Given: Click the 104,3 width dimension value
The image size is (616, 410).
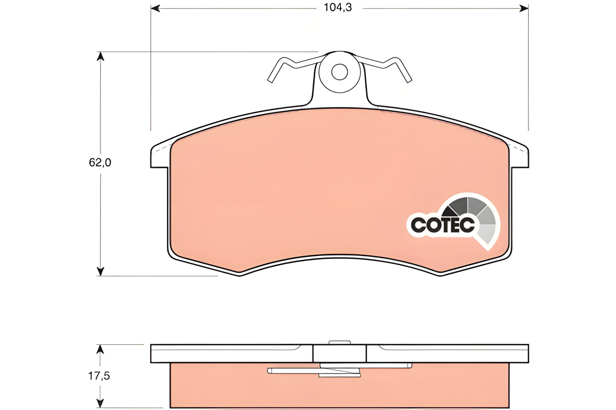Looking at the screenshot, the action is click(x=338, y=7).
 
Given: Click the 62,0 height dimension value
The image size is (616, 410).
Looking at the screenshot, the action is click(x=100, y=163).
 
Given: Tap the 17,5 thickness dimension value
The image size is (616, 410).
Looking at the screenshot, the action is click(x=99, y=376).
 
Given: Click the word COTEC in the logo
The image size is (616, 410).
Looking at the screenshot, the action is click(x=443, y=225).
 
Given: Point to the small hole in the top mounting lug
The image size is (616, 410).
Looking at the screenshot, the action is click(x=339, y=72).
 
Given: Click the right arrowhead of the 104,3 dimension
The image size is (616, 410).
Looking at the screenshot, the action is click(x=524, y=8).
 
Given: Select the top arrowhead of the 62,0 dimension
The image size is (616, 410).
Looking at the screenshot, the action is click(x=101, y=56).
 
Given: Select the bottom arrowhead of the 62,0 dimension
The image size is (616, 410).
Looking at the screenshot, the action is click(x=101, y=271).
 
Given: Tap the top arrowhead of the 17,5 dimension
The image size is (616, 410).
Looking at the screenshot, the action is click(x=100, y=349).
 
